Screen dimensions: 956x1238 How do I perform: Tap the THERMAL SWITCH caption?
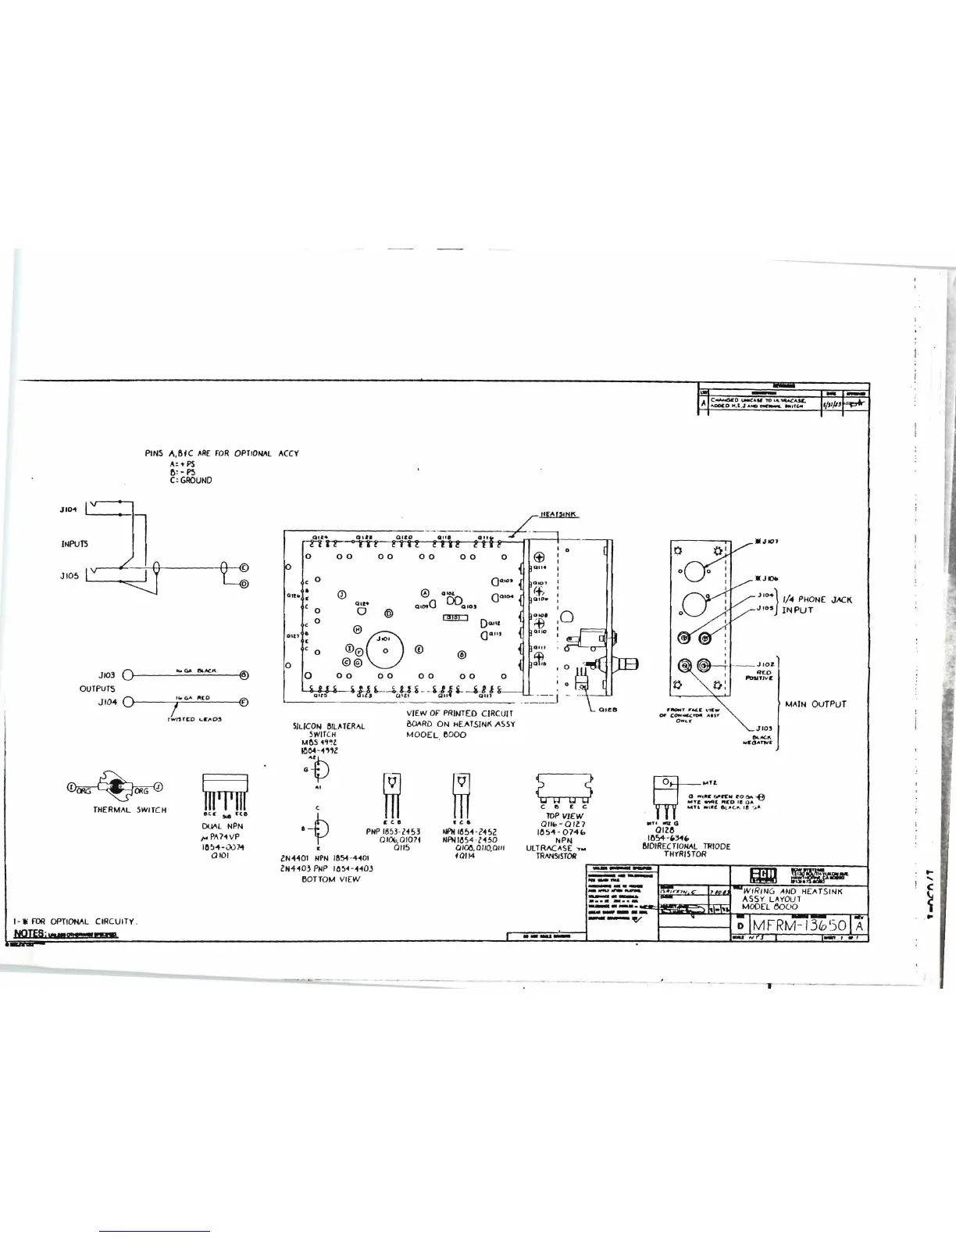click(x=130, y=810)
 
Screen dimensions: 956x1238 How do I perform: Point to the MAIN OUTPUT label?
click(x=815, y=704)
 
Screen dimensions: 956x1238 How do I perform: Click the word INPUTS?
click(x=76, y=543)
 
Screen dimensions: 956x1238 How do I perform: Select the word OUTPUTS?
click(x=97, y=689)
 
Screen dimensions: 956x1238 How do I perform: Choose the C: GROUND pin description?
click(x=185, y=480)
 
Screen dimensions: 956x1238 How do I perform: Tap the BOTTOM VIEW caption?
click(x=330, y=879)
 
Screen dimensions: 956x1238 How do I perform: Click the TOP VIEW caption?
click(x=562, y=816)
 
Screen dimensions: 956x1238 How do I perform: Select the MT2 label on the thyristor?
click(x=711, y=782)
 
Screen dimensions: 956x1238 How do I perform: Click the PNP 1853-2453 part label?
click(x=393, y=832)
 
